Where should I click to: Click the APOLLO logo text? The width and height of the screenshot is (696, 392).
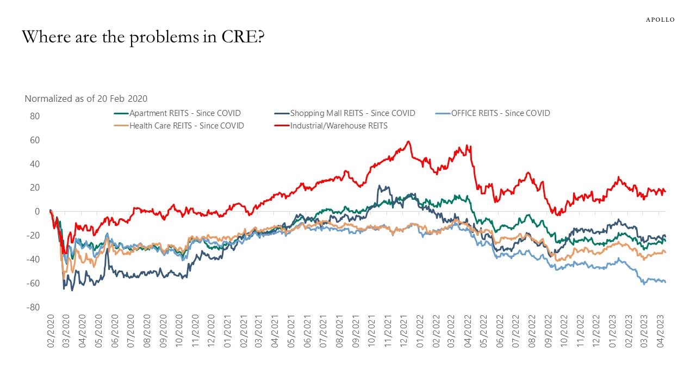click(x=660, y=20)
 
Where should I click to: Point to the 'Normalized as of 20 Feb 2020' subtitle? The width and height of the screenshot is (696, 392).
click(x=86, y=99)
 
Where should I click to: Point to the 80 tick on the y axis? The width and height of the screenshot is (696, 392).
click(x=35, y=116)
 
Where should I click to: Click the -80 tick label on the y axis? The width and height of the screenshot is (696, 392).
click(x=34, y=307)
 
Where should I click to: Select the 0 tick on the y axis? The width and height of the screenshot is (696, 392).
click(x=38, y=211)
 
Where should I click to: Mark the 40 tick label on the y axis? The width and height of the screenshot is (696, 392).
click(x=35, y=164)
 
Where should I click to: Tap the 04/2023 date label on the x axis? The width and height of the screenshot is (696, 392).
click(x=660, y=332)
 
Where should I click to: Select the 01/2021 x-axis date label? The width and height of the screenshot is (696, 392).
click(x=227, y=332)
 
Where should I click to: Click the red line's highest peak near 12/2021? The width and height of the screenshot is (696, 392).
click(x=408, y=142)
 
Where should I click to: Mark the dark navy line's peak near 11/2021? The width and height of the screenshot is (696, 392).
click(x=380, y=186)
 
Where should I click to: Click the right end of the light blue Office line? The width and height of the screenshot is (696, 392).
click(x=666, y=281)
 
